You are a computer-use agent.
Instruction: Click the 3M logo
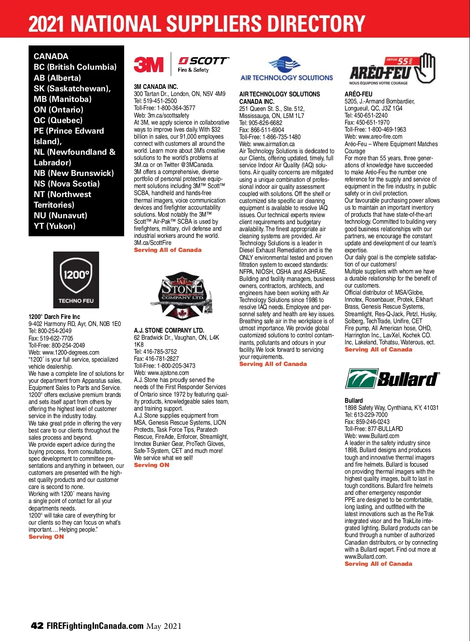point(148,64)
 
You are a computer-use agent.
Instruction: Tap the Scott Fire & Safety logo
point(203,65)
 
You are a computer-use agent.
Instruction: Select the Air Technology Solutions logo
point(286,69)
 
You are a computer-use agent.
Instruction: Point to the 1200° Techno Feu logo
point(76,280)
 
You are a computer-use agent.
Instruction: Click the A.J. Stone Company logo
point(181,296)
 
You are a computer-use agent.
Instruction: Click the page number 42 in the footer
point(37,626)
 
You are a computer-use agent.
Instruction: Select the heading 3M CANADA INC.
point(156,87)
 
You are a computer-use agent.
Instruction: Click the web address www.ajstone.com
point(168,373)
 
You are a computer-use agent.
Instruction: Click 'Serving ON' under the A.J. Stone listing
point(152,465)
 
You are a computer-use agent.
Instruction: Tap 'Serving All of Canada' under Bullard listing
point(378,564)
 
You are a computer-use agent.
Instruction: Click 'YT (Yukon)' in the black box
point(54,226)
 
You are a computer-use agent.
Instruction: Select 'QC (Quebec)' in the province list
point(58,120)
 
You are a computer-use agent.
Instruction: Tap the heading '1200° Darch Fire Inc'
point(54,317)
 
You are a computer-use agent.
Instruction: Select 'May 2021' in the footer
point(164,626)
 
